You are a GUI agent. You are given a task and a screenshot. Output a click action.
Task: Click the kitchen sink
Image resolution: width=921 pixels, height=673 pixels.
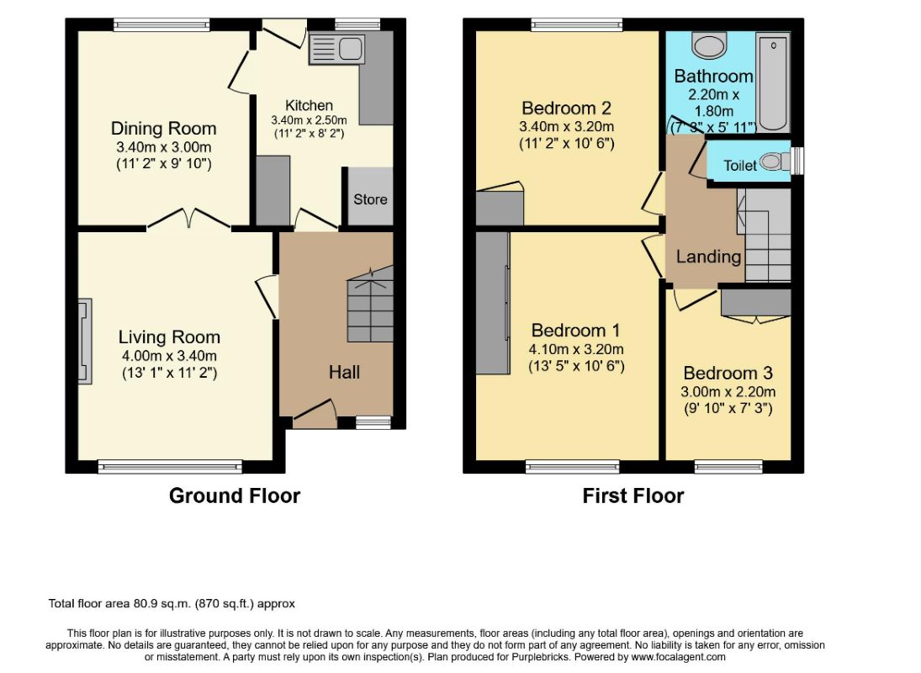pos(336,48)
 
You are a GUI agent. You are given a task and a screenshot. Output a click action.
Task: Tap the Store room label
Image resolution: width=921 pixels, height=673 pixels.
pos(370,199)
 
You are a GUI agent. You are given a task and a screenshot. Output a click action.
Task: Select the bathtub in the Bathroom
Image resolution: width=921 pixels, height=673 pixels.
pos(773,82)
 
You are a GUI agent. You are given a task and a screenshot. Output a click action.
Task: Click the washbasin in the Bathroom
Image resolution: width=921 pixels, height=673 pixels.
pos(710,45)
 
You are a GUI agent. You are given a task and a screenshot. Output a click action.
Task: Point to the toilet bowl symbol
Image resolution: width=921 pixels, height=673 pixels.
pos(775,162)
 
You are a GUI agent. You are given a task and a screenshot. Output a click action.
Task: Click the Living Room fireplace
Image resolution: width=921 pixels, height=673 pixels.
pos(86,342)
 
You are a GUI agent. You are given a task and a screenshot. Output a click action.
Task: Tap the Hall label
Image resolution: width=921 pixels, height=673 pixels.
pos(344,373)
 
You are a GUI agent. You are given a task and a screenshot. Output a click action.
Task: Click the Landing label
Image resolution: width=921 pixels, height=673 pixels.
pos(708,257)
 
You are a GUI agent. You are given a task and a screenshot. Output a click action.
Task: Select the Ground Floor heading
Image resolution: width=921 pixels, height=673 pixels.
pos(235,495)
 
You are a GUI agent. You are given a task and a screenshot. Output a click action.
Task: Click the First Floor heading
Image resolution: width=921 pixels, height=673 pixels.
pos(633,495)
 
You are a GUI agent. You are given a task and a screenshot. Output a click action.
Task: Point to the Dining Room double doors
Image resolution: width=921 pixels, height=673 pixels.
pos(189,219)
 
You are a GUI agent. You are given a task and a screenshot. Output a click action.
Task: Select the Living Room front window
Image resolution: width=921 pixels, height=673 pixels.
pos(171,467)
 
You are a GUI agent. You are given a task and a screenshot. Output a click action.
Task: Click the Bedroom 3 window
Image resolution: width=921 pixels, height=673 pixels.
pos(728,467)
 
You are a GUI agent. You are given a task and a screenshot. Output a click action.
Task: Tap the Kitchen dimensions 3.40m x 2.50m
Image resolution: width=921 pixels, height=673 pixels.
pos(309,120)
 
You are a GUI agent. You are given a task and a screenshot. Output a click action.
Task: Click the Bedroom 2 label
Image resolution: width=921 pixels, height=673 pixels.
pos(566,109)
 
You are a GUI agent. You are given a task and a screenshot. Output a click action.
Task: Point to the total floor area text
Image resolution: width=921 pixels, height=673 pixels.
pos(172,604)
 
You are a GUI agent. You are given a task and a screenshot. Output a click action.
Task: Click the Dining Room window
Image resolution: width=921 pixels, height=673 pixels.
pos(161,24)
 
